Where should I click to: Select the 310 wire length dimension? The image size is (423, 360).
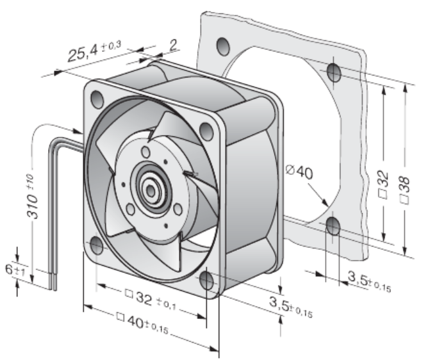coord(32,197)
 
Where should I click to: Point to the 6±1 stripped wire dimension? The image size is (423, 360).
coord(15,270)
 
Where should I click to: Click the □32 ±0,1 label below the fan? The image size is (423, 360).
coord(151,299)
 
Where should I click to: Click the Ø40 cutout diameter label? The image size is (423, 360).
coord(299,172)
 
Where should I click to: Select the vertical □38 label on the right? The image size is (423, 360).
coord(404,190)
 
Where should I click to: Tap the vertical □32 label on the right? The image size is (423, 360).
coord(383,184)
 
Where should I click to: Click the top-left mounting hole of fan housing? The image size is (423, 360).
coord(97,99)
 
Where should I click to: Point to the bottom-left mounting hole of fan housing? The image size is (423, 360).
coord(96,245)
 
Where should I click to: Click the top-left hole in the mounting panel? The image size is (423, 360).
coord(224,47)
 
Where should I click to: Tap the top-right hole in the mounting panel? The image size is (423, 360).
coord(334,72)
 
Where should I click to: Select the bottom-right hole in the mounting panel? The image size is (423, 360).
coord(333,226)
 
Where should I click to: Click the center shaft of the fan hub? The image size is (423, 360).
coord(151,192)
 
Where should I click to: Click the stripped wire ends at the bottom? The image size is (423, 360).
coord(53,282)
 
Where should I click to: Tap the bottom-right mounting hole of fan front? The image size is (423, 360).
coord(206,280)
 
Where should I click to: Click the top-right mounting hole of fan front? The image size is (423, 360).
coord(206,131)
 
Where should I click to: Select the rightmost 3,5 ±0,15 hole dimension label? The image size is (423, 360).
coord(369,282)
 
